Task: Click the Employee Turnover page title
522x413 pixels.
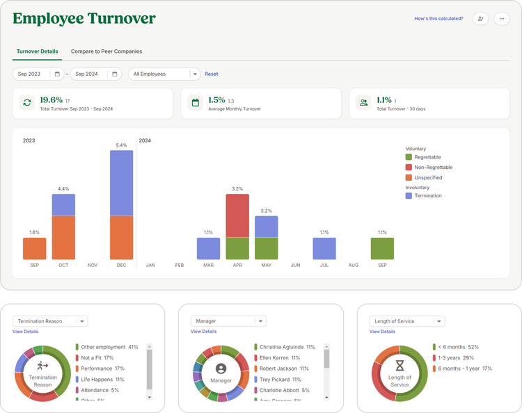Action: [x=84, y=19]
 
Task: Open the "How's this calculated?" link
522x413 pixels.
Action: [x=438, y=19]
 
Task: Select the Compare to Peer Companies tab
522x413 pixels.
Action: [x=106, y=51]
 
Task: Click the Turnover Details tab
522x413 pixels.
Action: [x=37, y=51]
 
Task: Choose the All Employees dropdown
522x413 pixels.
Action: [x=164, y=74]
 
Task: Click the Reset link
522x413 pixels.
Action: [x=211, y=74]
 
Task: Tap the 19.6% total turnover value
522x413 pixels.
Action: [x=51, y=100]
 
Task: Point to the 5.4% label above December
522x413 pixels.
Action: [x=121, y=145]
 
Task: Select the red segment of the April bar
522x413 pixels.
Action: [x=237, y=216]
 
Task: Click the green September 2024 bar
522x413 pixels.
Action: [x=382, y=248]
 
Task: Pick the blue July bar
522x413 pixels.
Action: [x=324, y=248]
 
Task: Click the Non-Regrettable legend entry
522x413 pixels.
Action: [x=432, y=168]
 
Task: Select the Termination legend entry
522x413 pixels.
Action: [x=427, y=195]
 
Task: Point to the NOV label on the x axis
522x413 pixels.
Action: [x=93, y=265]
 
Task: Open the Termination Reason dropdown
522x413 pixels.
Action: [x=50, y=321]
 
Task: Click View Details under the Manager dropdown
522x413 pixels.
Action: [x=203, y=332]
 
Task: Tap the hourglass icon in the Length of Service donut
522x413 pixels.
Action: [x=400, y=366]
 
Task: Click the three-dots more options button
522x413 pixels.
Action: [x=501, y=19]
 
